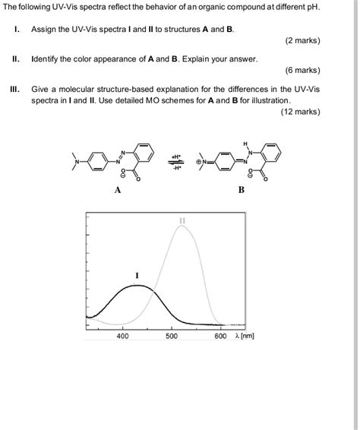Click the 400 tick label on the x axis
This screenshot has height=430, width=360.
tap(122, 335)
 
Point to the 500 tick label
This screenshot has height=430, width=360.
tap(172, 335)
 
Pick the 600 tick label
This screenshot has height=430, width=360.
tap(221, 335)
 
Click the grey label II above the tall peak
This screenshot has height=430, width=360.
tap(182, 220)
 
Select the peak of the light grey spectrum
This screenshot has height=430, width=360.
tap(182, 226)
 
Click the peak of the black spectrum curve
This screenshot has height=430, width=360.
tap(136, 286)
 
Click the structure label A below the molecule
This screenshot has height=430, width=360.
tap(118, 190)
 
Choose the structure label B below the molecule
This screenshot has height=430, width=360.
tap(241, 190)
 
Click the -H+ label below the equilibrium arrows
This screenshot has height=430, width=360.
tap(176, 169)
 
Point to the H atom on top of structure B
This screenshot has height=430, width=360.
tap(245, 143)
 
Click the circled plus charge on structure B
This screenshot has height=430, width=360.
tap(198, 162)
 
